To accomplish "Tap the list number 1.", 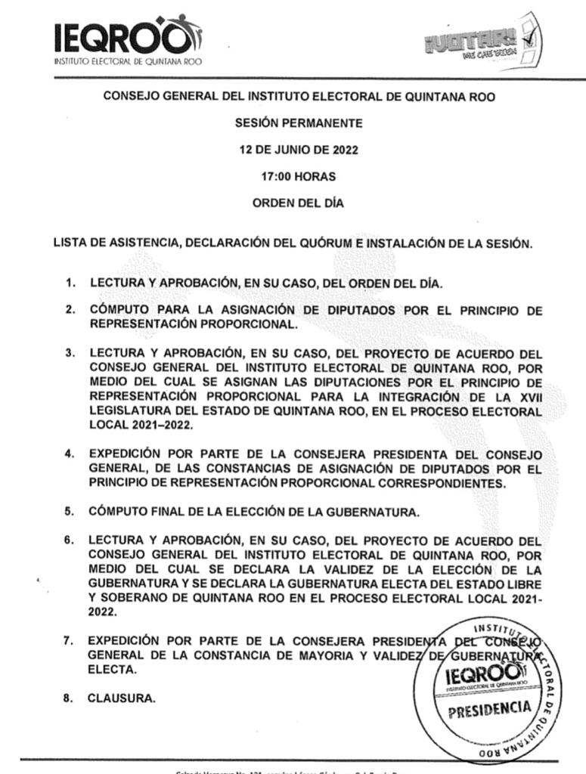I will pos(70,283).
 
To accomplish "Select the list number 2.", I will pos(70,310).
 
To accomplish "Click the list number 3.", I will pos(70,353).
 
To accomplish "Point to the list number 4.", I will pos(70,454).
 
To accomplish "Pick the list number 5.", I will pos(70,512).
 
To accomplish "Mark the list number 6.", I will pos(70,541).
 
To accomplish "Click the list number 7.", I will pos(69,641).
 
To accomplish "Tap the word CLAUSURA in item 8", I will pos(122,698).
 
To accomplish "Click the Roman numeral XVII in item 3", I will pos(526,397).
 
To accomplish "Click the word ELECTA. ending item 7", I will pos(113,670).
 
